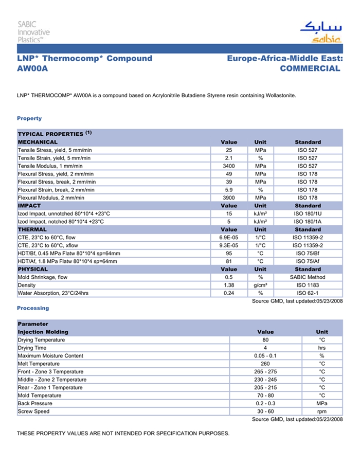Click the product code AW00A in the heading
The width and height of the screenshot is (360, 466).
click(x=32, y=68)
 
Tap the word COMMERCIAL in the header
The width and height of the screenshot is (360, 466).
click(x=310, y=68)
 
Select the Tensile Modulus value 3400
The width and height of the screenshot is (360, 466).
click(x=229, y=166)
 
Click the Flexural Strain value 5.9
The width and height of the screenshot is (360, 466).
click(x=229, y=190)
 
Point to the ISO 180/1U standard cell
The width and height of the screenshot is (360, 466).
click(x=308, y=213)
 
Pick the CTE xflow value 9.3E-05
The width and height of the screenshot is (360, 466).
click(x=229, y=245)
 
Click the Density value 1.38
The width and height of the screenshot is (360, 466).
click(x=229, y=285)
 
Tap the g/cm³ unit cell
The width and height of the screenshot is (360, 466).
click(x=260, y=285)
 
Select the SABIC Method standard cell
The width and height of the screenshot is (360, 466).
click(x=308, y=277)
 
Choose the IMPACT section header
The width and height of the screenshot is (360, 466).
click(x=29, y=206)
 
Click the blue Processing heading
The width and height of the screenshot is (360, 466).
click(x=33, y=308)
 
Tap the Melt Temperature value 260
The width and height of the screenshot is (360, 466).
click(x=265, y=364)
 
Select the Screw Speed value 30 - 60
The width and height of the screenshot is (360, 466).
click(x=265, y=411)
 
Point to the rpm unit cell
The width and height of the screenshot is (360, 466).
click(x=322, y=411)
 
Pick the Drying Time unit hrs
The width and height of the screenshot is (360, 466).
click(x=322, y=348)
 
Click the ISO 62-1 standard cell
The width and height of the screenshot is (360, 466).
click(x=308, y=293)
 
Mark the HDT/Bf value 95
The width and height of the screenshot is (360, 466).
click(x=229, y=254)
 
